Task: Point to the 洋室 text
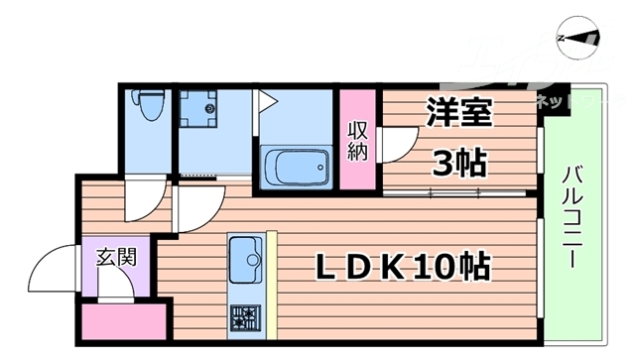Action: [458, 112]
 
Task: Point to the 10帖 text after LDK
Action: [457, 266]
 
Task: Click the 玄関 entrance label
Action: [116, 260]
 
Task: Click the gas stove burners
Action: [245, 317]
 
